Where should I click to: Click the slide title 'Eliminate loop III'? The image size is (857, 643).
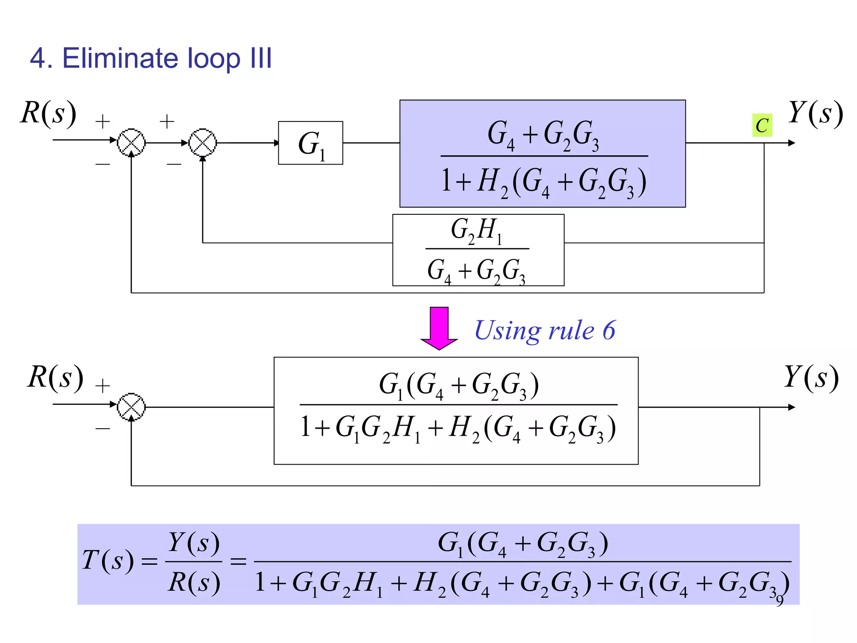(x=151, y=58)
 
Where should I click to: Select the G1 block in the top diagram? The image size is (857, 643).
(x=310, y=143)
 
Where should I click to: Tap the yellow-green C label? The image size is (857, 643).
(x=762, y=125)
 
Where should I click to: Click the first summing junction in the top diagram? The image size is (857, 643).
(x=131, y=143)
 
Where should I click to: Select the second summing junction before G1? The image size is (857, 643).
(x=203, y=143)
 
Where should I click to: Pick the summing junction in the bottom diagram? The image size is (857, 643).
(x=131, y=407)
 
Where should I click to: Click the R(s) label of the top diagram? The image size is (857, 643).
(x=49, y=113)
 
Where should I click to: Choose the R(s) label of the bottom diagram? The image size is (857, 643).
(x=55, y=377)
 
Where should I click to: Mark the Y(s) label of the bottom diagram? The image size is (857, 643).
(x=811, y=377)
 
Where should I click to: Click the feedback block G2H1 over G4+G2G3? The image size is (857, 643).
(x=478, y=250)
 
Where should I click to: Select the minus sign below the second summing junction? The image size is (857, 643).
(x=174, y=164)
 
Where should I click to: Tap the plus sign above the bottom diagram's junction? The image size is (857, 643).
(x=103, y=386)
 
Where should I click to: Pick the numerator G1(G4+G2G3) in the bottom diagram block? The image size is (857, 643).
(x=459, y=385)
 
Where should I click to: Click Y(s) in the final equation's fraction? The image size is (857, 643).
(x=194, y=543)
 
